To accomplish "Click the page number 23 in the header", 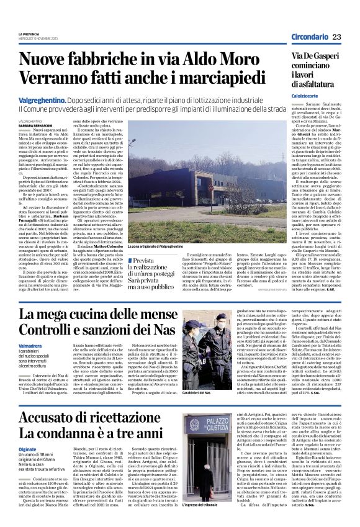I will coord(337,37).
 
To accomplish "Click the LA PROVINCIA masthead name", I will coord(29,34).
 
